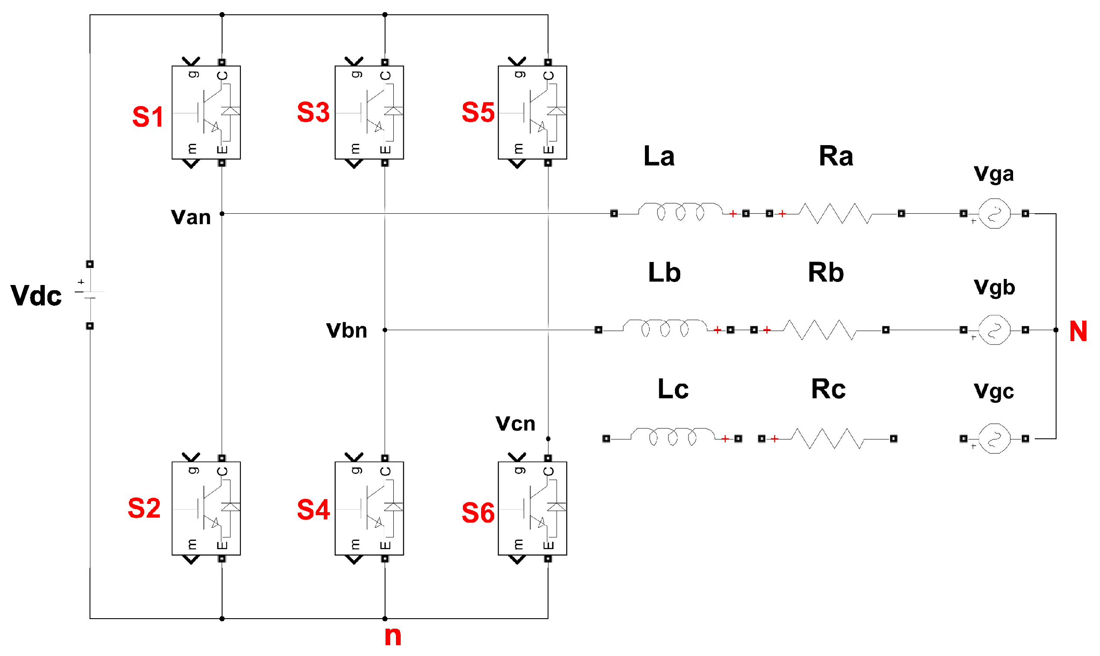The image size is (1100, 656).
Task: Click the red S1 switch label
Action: pos(148,117)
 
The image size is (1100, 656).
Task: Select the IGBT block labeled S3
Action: pos(369,112)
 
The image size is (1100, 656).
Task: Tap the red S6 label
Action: pos(478,513)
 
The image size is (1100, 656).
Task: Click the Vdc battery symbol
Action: pos(90,295)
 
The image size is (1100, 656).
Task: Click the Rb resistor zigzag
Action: pos(819,330)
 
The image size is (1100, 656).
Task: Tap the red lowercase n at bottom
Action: pos(392,636)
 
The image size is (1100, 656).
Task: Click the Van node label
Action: pos(190,218)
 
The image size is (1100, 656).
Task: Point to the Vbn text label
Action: pos(346,331)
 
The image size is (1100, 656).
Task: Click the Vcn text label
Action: pos(515,424)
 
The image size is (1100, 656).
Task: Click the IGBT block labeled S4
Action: pos(369,508)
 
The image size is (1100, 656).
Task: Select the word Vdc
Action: pos(36,295)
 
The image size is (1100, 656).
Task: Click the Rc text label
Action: pos(827,389)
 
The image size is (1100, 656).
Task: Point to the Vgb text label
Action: pos(994,287)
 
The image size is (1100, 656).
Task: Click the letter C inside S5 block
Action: pos(548,76)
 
